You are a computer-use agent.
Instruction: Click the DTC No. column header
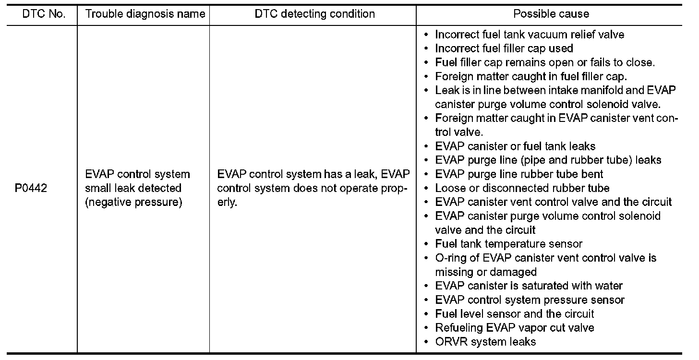point(44,14)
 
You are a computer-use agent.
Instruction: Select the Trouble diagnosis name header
point(145,14)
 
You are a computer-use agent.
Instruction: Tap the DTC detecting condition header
point(314,14)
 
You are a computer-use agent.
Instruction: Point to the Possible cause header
point(551,14)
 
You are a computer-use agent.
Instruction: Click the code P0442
point(31,188)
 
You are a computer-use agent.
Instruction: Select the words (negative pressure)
point(133,202)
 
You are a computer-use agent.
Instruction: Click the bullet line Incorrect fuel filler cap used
point(504,48)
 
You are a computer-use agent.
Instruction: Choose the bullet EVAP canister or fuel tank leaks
point(515,146)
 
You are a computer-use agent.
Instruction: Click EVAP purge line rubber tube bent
point(519,174)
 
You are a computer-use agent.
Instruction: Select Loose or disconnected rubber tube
point(522,188)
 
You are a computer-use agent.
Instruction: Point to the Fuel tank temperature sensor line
point(508,244)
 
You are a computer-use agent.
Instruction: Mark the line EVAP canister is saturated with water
point(529,286)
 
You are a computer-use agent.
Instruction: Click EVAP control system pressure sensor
point(530,300)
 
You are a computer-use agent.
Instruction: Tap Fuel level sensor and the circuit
point(515,314)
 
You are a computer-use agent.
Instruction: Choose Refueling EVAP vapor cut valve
point(515,328)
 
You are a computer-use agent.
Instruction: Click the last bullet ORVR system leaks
point(485,342)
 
